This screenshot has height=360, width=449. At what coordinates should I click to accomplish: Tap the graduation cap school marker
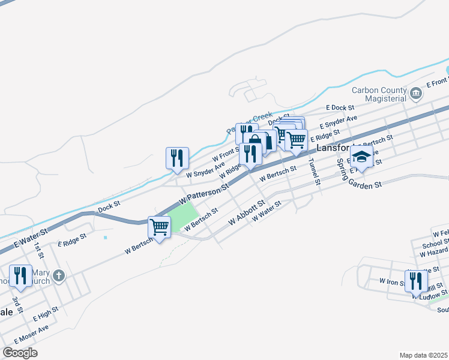point(362,157)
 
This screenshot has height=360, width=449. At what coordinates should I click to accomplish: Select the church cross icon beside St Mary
point(58,276)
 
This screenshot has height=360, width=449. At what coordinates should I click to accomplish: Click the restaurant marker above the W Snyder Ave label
point(177,158)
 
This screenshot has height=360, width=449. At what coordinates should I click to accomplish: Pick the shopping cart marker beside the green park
point(160,227)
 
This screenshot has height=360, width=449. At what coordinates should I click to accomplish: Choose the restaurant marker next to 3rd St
point(21,276)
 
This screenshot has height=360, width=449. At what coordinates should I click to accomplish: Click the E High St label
point(46,313)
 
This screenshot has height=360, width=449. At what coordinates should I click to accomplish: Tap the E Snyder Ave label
point(338,122)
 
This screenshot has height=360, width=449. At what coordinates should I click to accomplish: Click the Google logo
point(20,353)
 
